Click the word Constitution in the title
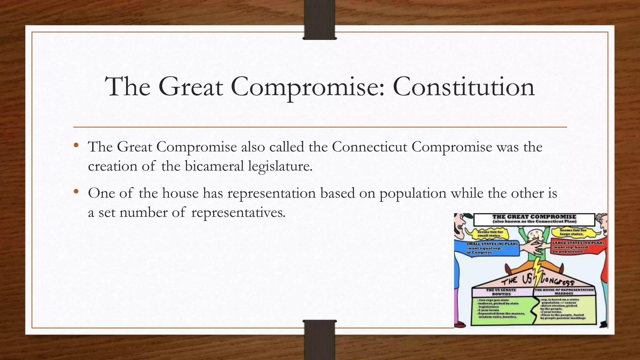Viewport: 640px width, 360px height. pos(463,87)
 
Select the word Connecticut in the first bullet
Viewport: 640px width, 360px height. pos(369,147)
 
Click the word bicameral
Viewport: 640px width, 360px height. pos(214,166)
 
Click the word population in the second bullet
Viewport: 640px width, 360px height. pos(413,193)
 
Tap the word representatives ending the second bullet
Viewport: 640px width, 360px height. pos(238,212)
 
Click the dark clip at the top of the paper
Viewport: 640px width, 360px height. pos(319,19)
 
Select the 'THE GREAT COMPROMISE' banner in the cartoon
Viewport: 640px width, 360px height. pos(534,219)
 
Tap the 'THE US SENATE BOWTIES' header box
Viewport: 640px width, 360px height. pos(501,292)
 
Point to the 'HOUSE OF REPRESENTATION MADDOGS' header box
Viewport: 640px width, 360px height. pos(564,292)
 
